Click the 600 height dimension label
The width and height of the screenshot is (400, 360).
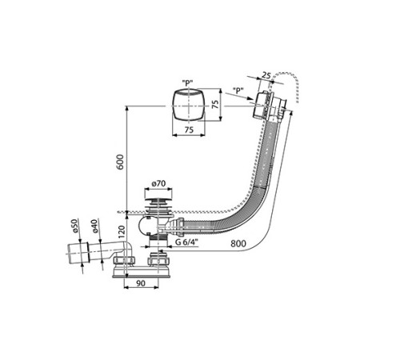click(120, 162)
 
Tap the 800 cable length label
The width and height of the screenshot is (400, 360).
click(238, 243)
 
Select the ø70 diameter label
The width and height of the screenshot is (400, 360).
click(158, 184)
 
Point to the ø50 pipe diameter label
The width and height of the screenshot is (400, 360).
click(74, 226)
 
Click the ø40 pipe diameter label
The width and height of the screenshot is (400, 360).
click(95, 226)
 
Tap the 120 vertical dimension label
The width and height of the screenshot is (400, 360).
click(122, 232)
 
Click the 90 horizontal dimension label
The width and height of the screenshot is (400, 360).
click(141, 283)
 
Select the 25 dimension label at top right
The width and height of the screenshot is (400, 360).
click(266, 75)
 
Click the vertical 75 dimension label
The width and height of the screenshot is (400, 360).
click(215, 104)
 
